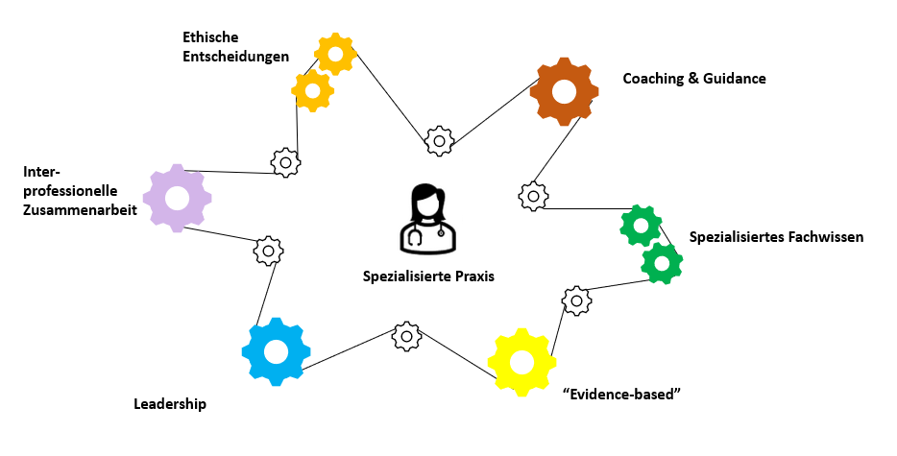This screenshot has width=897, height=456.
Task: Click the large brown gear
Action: click(x=564, y=91)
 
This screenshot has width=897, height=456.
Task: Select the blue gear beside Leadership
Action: click(x=276, y=351)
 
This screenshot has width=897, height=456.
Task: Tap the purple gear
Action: click(x=178, y=198)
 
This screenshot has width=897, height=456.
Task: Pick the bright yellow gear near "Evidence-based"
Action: click(x=521, y=362)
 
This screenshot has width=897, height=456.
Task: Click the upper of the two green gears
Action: click(x=641, y=226)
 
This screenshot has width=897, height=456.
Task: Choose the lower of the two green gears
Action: click(x=661, y=262)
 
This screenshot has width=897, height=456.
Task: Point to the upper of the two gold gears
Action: click(x=335, y=54)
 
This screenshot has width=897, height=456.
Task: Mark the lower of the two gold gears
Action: click(x=313, y=90)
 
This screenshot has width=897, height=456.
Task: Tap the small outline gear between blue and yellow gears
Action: click(x=407, y=336)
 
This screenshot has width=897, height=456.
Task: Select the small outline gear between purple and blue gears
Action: click(x=268, y=251)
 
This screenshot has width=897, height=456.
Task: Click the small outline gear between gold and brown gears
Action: click(x=439, y=141)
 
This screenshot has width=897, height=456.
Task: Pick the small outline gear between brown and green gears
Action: click(x=533, y=196)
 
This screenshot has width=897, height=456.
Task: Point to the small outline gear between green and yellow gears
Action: click(x=575, y=300)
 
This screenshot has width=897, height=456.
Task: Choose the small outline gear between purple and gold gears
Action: click(x=285, y=162)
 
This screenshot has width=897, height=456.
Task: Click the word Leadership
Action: click(x=170, y=404)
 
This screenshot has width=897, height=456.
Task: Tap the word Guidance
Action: click(x=734, y=79)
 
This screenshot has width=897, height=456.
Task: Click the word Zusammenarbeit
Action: click(x=80, y=209)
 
